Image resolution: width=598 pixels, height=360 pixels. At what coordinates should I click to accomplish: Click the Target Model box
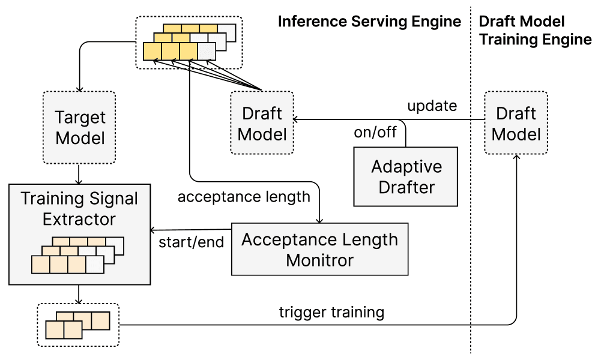79,127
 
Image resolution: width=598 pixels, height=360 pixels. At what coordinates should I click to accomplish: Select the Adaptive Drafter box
406,177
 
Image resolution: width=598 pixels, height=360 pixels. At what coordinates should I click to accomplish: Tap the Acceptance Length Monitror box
319,249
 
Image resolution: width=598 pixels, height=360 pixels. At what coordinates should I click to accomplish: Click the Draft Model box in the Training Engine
516,123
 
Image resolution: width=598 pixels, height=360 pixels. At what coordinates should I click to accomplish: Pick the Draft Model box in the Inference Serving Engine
262,124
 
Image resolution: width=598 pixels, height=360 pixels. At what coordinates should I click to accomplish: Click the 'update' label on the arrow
432,106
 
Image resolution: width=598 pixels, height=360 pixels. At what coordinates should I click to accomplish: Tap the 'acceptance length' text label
244,196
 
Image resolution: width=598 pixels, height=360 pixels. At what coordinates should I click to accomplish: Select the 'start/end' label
191,243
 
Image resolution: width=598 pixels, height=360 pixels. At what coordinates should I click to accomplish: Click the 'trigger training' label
331,312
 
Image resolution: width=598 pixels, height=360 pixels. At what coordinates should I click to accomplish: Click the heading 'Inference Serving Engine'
369,22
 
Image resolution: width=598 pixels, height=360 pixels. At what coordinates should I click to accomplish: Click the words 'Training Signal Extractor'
79,208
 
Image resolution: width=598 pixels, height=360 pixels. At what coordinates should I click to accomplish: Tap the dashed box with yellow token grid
189,42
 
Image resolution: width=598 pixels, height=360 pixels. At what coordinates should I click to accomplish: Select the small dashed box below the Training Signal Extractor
78,325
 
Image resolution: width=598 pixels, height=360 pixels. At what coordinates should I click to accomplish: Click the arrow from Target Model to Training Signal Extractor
79,173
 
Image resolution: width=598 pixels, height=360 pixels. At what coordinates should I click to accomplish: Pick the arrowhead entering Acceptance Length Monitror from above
319,220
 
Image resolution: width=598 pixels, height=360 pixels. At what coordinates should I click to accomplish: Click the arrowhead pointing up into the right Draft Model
516,157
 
